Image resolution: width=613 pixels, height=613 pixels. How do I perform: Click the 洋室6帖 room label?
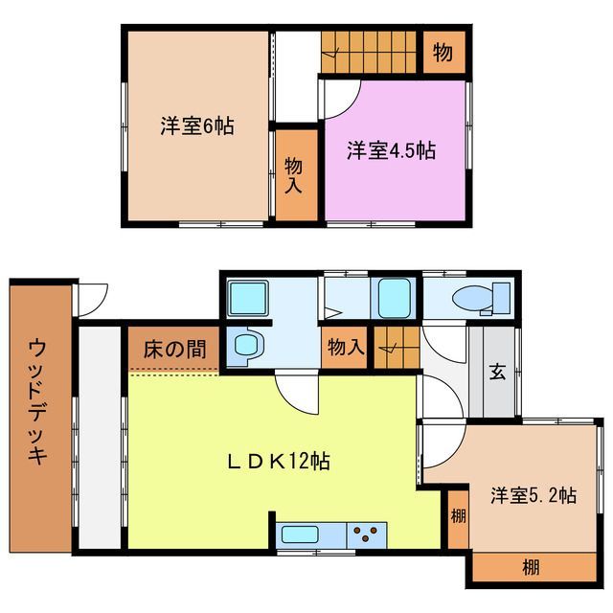pos(196,125)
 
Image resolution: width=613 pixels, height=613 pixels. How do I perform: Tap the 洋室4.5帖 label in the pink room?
pos(391,150)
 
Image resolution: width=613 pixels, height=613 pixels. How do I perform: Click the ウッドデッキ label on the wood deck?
pos(38,402)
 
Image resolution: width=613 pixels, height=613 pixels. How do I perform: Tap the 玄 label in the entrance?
pos(497,372)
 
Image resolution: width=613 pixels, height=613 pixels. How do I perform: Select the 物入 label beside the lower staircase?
pos(344,347)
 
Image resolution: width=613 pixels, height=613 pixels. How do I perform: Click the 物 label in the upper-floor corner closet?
pos(443,54)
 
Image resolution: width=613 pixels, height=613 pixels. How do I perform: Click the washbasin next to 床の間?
pos(247,344)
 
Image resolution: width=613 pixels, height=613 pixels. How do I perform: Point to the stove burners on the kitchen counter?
pos(365,534)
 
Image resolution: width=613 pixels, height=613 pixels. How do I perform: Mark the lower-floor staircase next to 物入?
pos(394,346)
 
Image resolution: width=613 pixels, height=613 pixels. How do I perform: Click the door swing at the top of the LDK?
pos(297,391)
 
